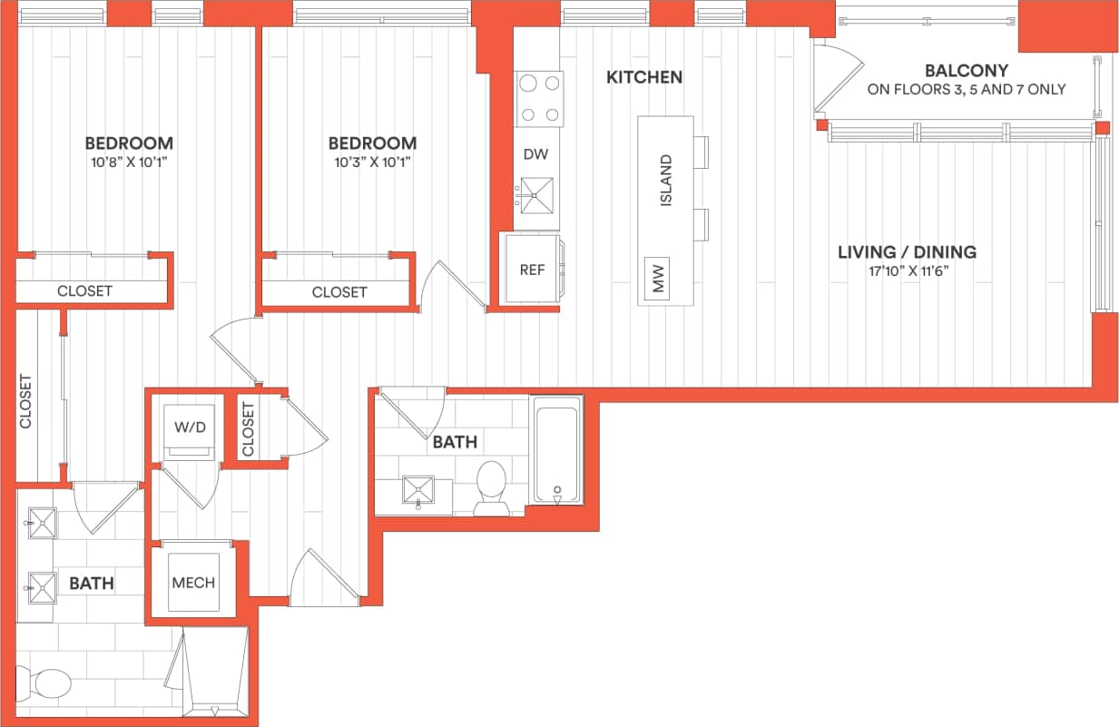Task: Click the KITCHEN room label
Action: coord(644,78)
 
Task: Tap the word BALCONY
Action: coord(966,71)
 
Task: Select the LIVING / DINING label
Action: coord(907,251)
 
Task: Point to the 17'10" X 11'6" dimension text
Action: coord(907,270)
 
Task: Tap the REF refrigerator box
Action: coord(532,269)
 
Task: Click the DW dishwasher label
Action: coord(535,154)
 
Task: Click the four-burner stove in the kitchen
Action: coord(539,99)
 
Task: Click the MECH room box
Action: coord(193,583)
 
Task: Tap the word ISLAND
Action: coord(666,181)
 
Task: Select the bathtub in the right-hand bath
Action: coord(556,451)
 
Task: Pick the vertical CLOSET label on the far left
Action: coord(25,401)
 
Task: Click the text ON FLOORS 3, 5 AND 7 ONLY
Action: coord(966,90)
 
